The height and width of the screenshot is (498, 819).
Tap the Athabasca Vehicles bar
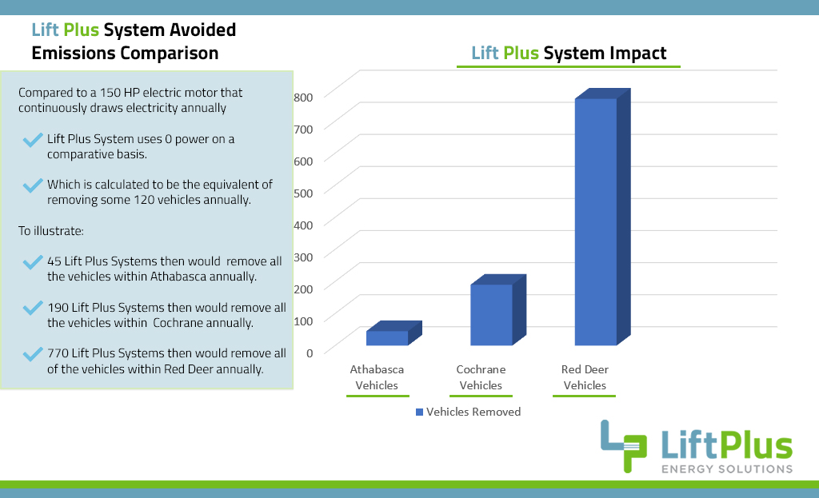[387, 338]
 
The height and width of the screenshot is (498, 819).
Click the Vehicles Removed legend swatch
[419, 412]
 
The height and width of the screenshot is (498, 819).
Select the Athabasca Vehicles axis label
[377, 377]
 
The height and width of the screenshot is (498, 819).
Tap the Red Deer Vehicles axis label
[585, 377]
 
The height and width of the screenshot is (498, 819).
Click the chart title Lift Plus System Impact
[569, 54]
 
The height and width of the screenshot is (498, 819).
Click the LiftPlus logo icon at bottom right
[623, 445]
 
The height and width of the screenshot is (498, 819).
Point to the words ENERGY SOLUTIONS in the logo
[725, 468]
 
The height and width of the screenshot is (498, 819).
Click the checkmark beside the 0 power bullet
[33, 141]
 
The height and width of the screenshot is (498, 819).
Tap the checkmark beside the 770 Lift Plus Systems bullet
[33, 353]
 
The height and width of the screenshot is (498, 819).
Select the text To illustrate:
[50, 231]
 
